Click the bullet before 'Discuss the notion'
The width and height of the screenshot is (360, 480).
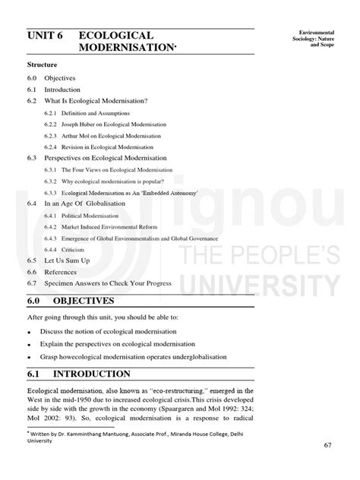[x=30, y=332]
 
